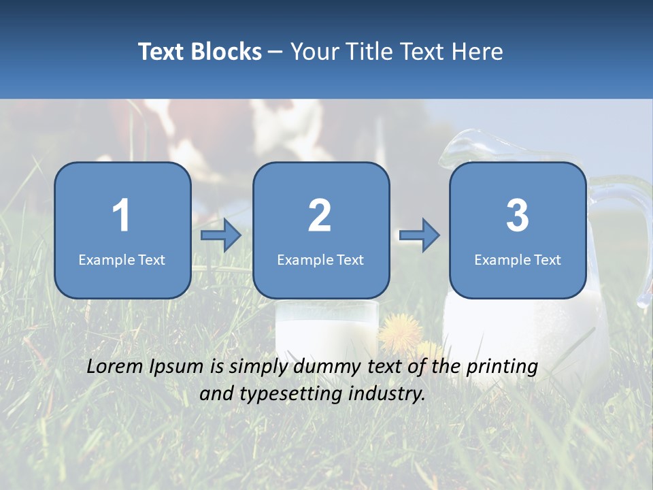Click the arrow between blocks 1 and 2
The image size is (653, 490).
click(x=222, y=235)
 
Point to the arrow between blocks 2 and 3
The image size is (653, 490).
click(x=420, y=235)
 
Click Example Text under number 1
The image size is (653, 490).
click(x=122, y=259)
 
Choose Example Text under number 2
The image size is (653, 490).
click(x=320, y=259)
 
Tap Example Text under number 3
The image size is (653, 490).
click(x=518, y=259)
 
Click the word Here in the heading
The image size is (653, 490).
click(x=477, y=52)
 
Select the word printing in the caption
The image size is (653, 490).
click(x=501, y=367)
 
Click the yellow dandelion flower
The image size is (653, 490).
click(x=400, y=331)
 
